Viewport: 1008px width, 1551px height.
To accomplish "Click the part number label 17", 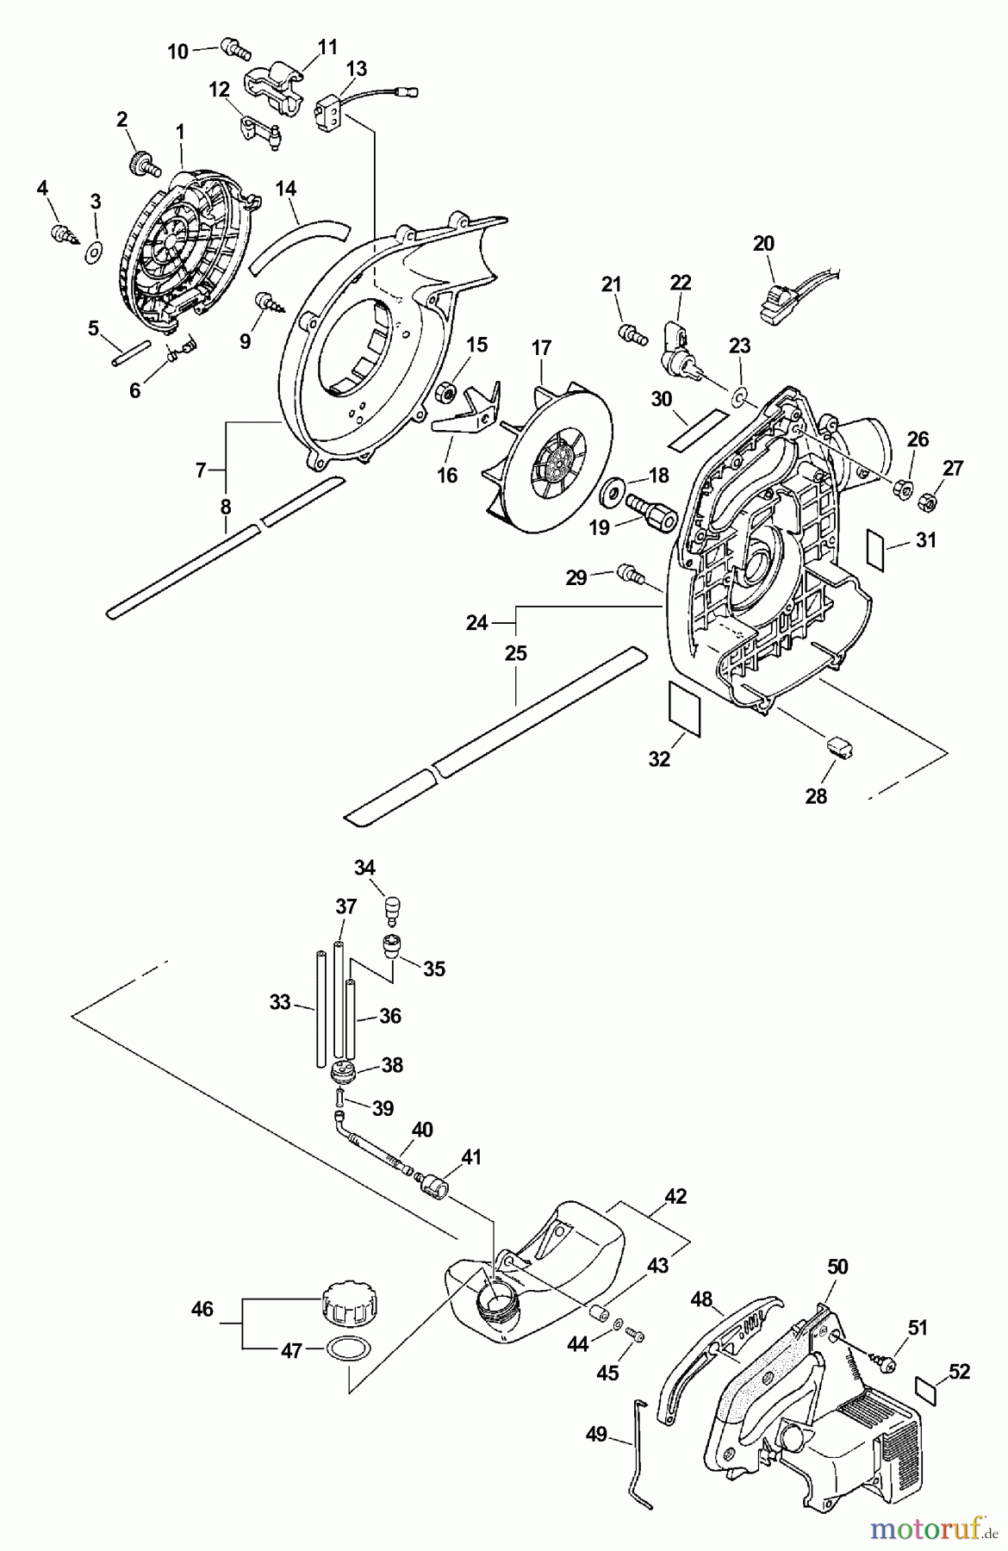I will coord(540,349).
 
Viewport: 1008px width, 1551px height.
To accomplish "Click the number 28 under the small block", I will coord(816,795).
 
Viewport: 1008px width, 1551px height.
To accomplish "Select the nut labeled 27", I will coord(928,499).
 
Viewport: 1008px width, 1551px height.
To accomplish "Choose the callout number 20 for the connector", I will coord(763,244).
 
